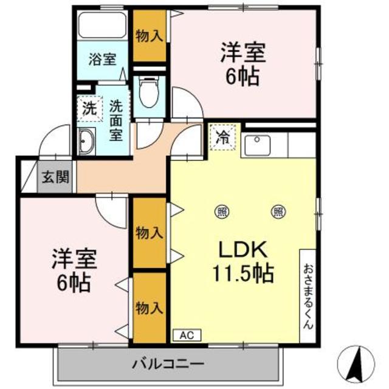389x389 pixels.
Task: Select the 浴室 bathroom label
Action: [x=102, y=59]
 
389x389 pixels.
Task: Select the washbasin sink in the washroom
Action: [x=86, y=142]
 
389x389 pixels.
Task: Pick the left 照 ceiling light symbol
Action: [x=222, y=212]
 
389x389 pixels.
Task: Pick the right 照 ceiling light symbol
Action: [x=278, y=212]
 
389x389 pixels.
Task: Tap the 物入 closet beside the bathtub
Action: [x=148, y=35]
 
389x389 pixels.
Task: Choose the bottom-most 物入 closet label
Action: [x=149, y=308]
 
